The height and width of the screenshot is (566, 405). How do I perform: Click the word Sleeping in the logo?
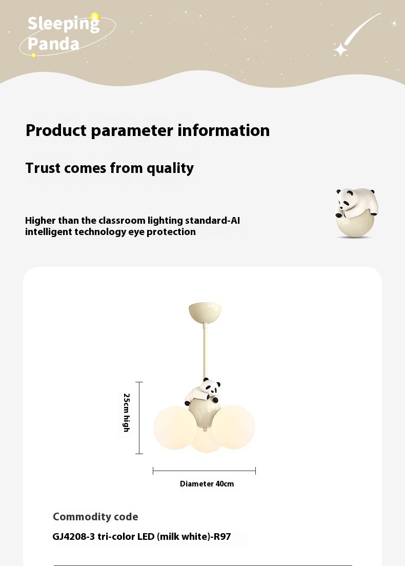click(x=64, y=24)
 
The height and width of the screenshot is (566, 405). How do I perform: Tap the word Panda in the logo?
click(x=53, y=44)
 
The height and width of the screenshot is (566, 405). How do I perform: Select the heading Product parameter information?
click(x=148, y=130)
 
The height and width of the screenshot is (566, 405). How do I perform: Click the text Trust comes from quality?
click(x=110, y=168)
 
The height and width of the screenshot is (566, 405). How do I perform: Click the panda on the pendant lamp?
click(x=203, y=392)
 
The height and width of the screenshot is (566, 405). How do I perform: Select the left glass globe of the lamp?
click(x=174, y=428)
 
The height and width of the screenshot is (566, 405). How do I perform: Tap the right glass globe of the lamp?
click(x=234, y=427)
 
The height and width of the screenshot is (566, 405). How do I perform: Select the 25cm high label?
click(x=127, y=413)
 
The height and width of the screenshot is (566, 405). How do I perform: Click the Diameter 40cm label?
click(x=207, y=484)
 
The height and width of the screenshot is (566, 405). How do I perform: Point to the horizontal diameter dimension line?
click(x=204, y=471)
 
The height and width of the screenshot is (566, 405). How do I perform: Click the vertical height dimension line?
click(x=139, y=418)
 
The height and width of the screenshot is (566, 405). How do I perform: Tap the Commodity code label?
click(x=95, y=517)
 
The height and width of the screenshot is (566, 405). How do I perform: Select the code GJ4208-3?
click(x=74, y=536)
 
